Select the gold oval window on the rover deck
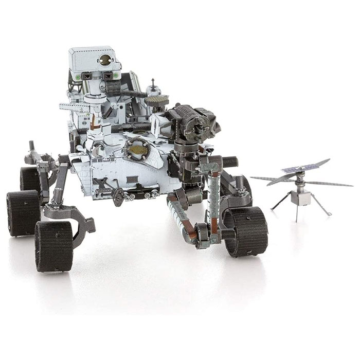[x=137, y=149]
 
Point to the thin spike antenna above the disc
[x=153, y=83]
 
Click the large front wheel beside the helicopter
[x=245, y=231]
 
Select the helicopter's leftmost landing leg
[x=280, y=202]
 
